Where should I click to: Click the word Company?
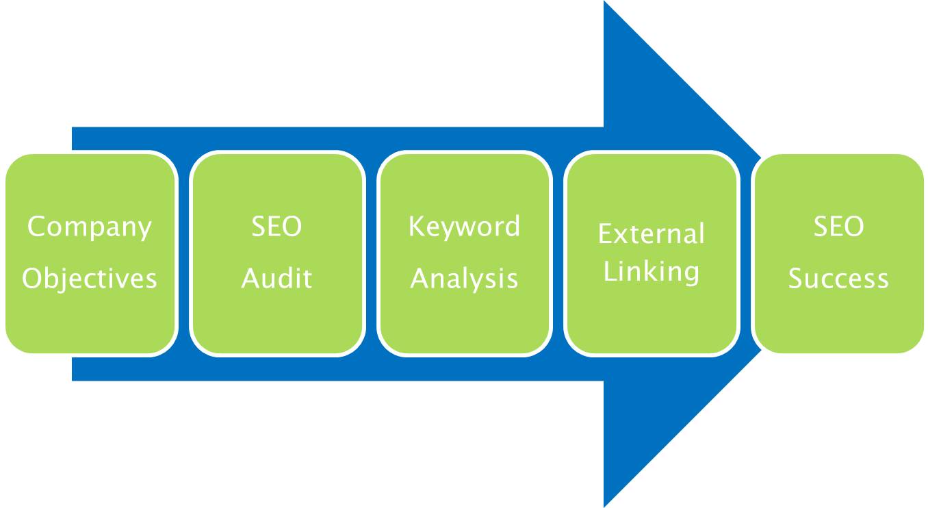click(89, 227)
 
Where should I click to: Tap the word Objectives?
click(90, 279)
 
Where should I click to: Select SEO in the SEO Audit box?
click(276, 227)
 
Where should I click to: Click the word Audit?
click(276, 279)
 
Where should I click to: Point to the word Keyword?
click(464, 227)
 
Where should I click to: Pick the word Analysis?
click(464, 279)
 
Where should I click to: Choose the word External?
click(651, 235)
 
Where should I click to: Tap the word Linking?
click(651, 272)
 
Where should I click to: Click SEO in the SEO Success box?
click(838, 227)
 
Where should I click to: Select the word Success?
click(838, 279)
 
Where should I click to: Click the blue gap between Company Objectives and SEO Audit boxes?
click(183, 253)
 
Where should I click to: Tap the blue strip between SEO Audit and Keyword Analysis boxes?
click(370, 253)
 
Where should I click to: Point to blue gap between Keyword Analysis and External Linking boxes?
click(558, 253)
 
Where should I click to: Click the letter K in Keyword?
click(416, 227)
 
